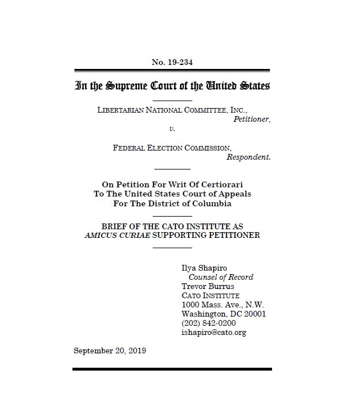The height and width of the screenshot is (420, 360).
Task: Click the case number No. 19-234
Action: tap(172, 62)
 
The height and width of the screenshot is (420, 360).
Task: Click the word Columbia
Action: tap(214, 203)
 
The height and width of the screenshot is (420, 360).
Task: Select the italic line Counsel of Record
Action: tap(221, 277)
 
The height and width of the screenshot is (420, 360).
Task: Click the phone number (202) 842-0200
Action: tap(208, 323)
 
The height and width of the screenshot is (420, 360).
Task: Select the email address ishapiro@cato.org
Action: tap(214, 332)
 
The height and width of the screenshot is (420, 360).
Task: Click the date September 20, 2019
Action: tap(110, 350)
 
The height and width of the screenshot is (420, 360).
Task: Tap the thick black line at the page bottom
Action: tap(172, 369)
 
